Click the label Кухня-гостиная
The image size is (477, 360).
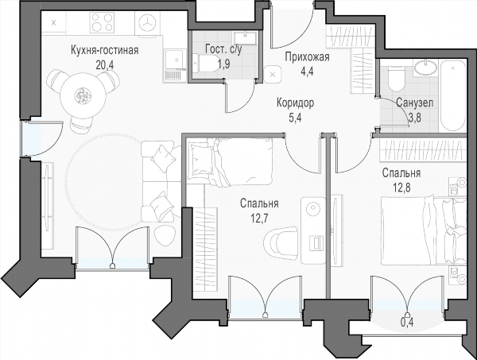point(105,50)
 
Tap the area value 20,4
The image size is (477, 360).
point(105,64)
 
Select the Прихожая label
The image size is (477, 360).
point(307,57)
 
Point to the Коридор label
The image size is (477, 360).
point(295,103)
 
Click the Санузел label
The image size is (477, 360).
point(415,103)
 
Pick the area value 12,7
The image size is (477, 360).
point(259,218)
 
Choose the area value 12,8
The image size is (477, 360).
point(401,188)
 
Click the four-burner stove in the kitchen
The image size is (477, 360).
point(102,23)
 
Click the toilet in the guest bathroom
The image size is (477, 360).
point(205,64)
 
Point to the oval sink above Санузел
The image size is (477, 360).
point(425,66)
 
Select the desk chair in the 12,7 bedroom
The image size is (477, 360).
point(281,241)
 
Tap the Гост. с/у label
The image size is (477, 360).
point(223,49)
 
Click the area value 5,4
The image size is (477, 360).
point(295,118)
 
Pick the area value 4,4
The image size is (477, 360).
point(307,72)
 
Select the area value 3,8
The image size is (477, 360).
point(414,118)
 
